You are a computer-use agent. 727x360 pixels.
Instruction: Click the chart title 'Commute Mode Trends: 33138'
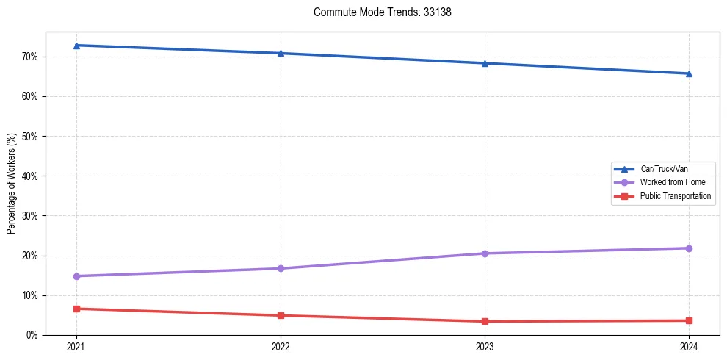(x=377, y=12)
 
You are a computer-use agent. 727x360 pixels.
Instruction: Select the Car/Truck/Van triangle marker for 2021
(x=76, y=46)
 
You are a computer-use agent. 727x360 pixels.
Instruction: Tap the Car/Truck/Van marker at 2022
(x=281, y=53)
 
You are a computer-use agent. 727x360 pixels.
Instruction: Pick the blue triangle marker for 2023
(x=485, y=63)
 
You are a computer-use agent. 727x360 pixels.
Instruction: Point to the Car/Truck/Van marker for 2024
(x=689, y=73)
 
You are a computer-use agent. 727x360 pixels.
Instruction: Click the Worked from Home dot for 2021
(x=76, y=276)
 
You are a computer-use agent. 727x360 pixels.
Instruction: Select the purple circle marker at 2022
(x=281, y=268)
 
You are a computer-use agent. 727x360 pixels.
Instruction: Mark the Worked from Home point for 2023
(x=485, y=253)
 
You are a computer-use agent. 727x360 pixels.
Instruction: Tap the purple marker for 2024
(x=689, y=248)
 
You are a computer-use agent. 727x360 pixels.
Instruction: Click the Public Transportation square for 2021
(x=76, y=309)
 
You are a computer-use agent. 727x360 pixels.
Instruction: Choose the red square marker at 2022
(x=281, y=315)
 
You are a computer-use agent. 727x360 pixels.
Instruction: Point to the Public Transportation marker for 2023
(x=485, y=321)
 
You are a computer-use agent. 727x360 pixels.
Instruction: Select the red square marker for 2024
(x=689, y=320)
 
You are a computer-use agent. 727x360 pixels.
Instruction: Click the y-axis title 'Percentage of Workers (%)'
(x=12, y=184)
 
